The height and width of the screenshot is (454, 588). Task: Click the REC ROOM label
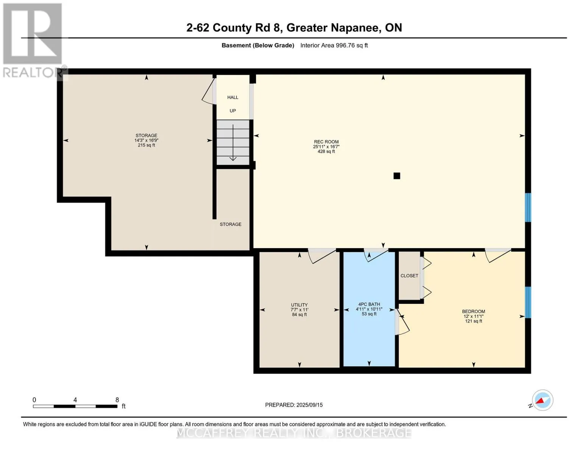pyautogui.click(x=326, y=142)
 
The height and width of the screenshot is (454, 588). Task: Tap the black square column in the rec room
pyautogui.click(x=397, y=176)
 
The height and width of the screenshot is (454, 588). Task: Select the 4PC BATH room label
pyautogui.click(x=369, y=304)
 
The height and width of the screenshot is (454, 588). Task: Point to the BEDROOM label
pyautogui.click(x=474, y=311)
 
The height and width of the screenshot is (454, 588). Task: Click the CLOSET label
pyautogui.click(x=409, y=275)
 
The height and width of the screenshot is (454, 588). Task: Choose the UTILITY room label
pyautogui.click(x=299, y=305)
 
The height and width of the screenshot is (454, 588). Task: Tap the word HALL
pyautogui.click(x=233, y=97)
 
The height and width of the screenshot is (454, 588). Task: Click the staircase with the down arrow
pyautogui.click(x=233, y=142)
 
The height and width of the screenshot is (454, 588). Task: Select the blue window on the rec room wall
pyautogui.click(x=528, y=207)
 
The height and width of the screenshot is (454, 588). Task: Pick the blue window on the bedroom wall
pyautogui.click(x=528, y=302)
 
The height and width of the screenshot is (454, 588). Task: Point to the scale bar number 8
pyautogui.click(x=117, y=400)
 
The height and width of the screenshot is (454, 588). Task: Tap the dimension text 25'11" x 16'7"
pyautogui.click(x=326, y=146)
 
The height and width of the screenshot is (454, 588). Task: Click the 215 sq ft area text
pyautogui.click(x=147, y=145)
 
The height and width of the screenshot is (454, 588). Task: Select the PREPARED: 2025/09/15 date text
pyautogui.click(x=294, y=405)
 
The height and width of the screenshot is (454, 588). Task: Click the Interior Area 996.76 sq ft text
pyautogui.click(x=334, y=45)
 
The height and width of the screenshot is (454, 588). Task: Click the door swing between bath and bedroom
pyautogui.click(x=402, y=322)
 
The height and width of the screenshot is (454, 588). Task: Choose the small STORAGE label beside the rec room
pyautogui.click(x=231, y=224)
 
